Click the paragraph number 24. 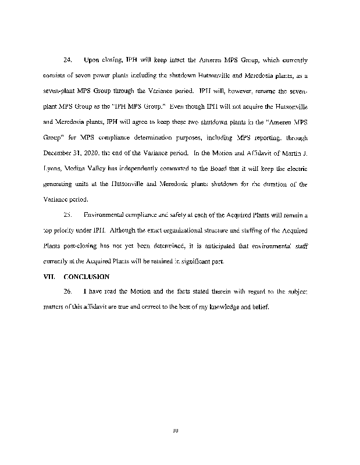[67, 60]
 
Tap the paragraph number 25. [67, 215]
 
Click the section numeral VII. [48, 276]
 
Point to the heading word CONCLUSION [87, 276]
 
